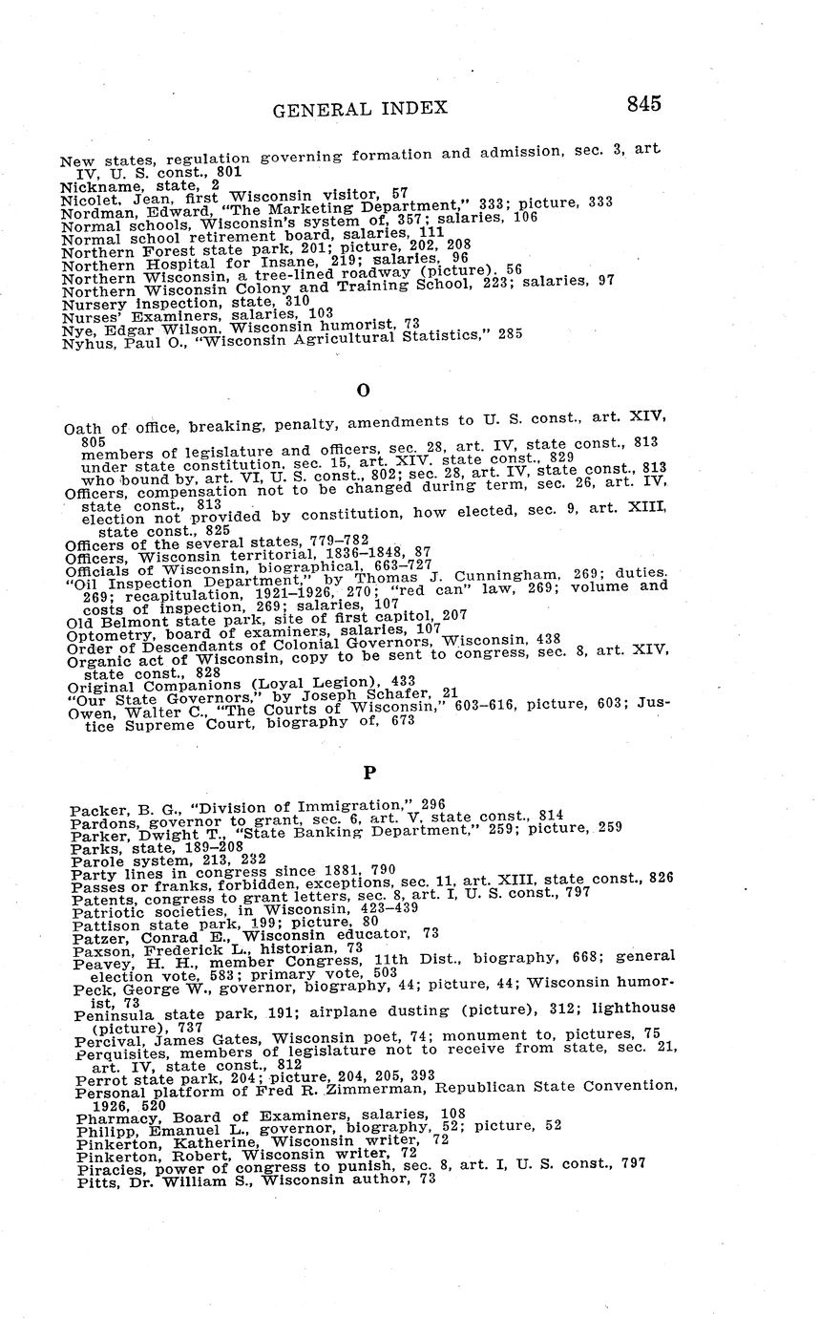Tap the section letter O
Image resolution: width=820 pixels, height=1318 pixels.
362,390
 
